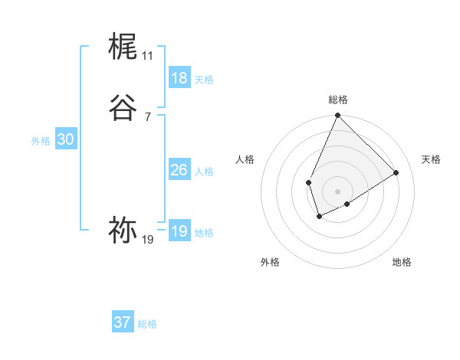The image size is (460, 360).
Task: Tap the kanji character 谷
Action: coord(123,107)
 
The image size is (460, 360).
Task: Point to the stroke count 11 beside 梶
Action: coord(147,56)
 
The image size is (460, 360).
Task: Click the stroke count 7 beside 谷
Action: coord(147,116)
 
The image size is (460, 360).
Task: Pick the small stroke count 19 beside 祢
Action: coord(147,240)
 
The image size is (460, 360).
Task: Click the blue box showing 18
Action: coord(179,78)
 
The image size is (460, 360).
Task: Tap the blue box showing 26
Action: coord(179,170)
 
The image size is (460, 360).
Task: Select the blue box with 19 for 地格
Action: coord(179,231)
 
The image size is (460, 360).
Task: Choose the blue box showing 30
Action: coord(65,139)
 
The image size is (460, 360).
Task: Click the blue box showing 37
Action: coord(122,322)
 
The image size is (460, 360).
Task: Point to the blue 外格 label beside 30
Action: coord(41,141)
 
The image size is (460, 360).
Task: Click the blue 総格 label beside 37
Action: coord(147,324)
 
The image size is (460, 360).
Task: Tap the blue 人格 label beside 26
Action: coord(204,172)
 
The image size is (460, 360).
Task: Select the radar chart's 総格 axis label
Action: coord(337,100)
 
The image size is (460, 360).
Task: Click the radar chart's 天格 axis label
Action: coord(431,159)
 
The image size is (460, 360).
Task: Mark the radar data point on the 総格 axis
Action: coord(337,116)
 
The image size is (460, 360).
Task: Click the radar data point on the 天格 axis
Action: coord(396,173)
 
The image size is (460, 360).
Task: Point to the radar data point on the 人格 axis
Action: coord(308,182)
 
